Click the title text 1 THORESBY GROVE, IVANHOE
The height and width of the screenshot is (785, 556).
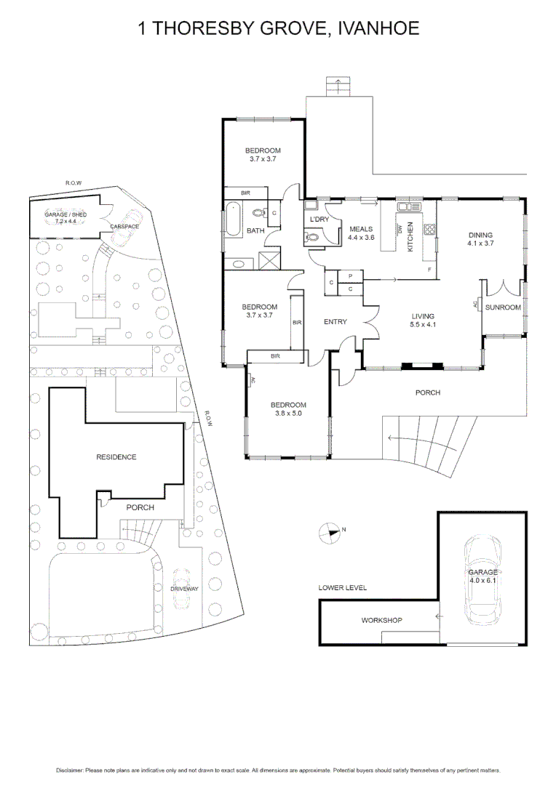[x=278, y=28]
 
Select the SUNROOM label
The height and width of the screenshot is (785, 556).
[x=503, y=307]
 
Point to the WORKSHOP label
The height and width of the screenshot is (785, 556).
[x=381, y=620]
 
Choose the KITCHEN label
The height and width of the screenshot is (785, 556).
[x=410, y=236]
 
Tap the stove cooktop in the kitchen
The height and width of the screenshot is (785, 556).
[x=429, y=230]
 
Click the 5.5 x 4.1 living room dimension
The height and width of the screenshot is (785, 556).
[x=423, y=325]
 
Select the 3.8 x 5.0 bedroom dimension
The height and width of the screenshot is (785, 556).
[x=288, y=414]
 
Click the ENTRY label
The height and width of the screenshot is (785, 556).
[x=335, y=321]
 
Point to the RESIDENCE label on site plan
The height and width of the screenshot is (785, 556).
[x=116, y=457]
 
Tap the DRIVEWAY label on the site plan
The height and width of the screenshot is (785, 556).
[x=184, y=588]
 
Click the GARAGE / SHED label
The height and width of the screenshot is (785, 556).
[x=65, y=214]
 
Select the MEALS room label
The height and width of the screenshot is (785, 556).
[x=360, y=229]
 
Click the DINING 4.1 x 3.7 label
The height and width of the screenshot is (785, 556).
[x=480, y=239]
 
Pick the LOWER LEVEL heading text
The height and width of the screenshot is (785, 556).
[x=342, y=587]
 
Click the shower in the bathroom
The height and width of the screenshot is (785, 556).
[x=269, y=260]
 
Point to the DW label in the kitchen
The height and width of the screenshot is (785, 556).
[x=400, y=230]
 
